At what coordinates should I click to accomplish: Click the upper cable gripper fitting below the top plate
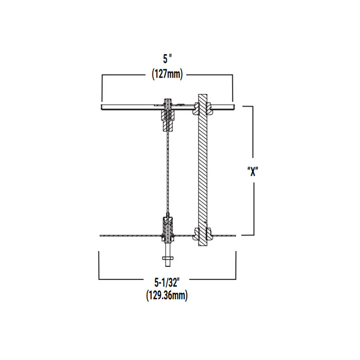(x=168, y=113)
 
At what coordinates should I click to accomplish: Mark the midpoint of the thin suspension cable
(x=168, y=170)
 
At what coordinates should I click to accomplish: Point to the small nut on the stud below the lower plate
(x=168, y=257)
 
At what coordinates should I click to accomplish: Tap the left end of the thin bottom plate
(x=100, y=236)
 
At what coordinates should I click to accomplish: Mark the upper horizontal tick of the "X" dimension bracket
(x=247, y=106)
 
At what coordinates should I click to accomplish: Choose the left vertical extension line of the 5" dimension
(x=102, y=87)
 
